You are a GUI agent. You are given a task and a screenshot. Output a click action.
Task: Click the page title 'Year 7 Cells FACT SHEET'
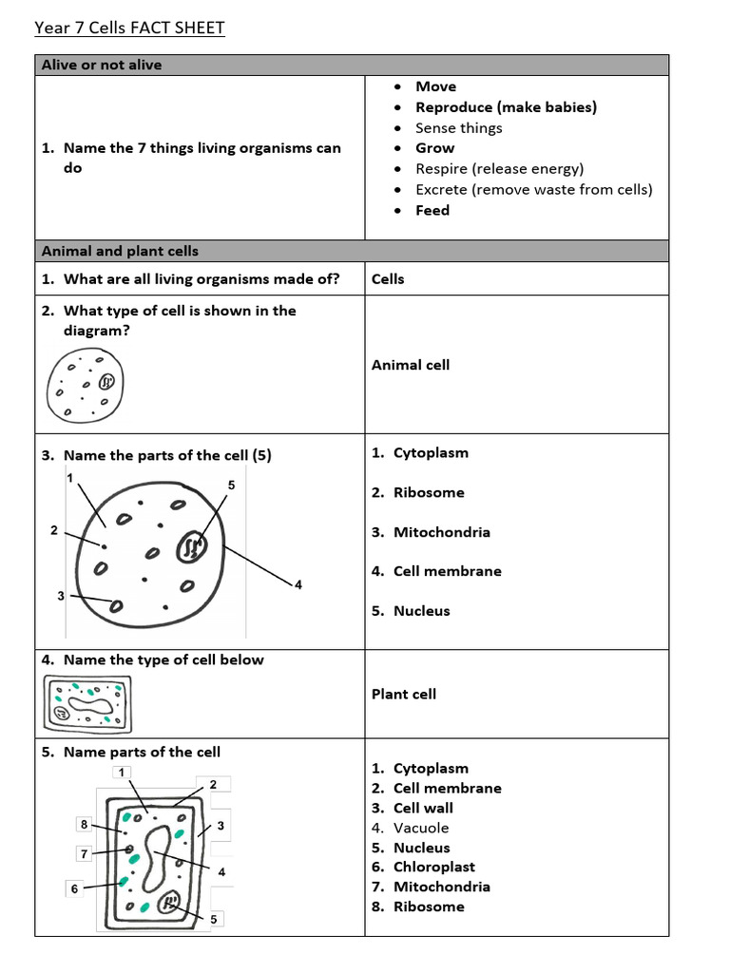[x=129, y=28]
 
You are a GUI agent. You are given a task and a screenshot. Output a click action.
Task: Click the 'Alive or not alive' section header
[x=102, y=65]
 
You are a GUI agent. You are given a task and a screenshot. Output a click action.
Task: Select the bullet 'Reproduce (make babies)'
[x=506, y=107]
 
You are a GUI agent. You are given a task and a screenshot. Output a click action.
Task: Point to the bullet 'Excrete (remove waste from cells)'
[x=533, y=189]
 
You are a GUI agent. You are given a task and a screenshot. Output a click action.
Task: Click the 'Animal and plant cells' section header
[x=120, y=251]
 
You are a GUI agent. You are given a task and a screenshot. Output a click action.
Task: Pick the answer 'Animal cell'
[x=411, y=365]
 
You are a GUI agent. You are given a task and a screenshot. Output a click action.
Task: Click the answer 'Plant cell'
[x=404, y=695]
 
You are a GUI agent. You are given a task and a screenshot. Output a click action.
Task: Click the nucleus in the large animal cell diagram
[x=193, y=546]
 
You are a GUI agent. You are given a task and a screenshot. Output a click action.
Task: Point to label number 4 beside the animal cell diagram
[x=298, y=584]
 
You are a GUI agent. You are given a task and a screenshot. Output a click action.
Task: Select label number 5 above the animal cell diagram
[x=231, y=485]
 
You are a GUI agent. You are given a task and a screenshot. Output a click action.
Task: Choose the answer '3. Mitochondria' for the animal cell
[x=441, y=532]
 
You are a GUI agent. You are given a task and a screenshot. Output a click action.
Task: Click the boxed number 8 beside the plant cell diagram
[x=85, y=825]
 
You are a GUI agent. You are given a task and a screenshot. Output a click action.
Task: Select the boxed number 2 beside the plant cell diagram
[x=213, y=785]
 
